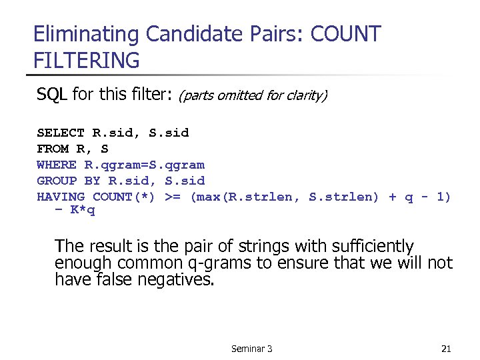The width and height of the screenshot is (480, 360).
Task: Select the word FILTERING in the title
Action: coord(87,61)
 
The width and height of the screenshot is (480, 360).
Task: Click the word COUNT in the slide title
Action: coord(345,34)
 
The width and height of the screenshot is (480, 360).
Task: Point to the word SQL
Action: coord(52,94)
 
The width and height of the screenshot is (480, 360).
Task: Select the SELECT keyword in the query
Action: coord(61,133)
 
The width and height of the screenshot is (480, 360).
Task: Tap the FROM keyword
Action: coord(53,149)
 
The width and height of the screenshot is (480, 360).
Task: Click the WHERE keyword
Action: coord(57,165)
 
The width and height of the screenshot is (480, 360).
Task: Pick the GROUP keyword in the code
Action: coord(57,181)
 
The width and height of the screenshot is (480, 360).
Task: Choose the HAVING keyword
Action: coord(61,197)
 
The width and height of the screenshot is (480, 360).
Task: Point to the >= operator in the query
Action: coord(173,197)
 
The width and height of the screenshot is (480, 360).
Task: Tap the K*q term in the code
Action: coord(83,211)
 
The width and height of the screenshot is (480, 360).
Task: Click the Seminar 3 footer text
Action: coord(251,349)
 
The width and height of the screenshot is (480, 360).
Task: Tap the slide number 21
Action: coord(447,349)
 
